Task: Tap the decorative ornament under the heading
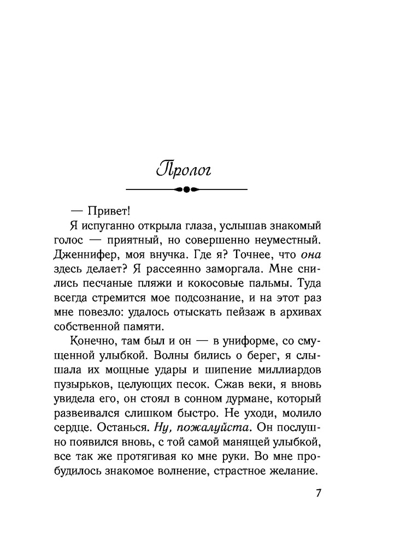[186, 189]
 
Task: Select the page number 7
[319, 494]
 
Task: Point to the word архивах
[298, 311]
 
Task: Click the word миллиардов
[292, 369]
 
